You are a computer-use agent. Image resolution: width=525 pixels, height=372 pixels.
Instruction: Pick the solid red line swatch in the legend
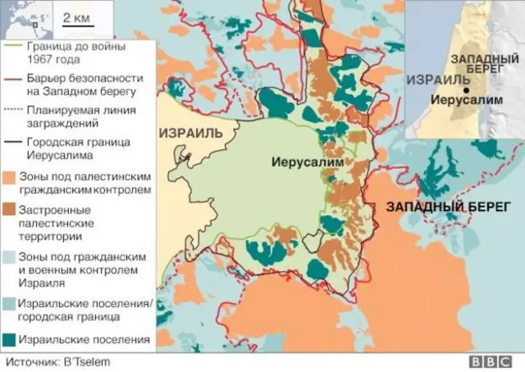(14, 77)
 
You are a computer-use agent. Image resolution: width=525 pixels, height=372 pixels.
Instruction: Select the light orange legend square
(14, 177)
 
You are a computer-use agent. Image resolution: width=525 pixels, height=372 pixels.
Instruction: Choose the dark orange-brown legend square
(14, 209)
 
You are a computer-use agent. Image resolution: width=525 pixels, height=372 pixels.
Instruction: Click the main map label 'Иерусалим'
(302, 163)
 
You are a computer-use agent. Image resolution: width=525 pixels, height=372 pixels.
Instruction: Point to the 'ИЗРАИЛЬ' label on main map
(192, 133)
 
